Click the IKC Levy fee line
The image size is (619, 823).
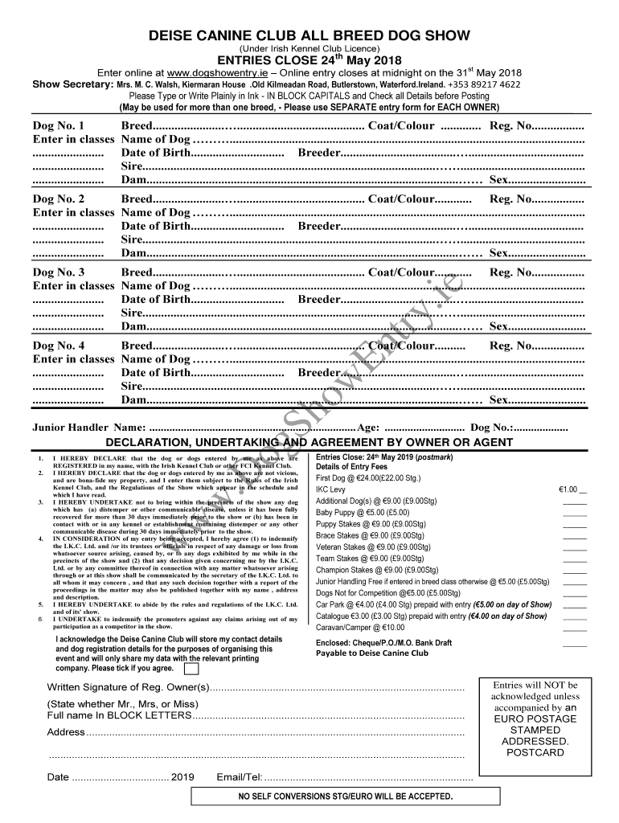click(x=330, y=489)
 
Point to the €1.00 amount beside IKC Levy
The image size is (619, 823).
click(x=572, y=489)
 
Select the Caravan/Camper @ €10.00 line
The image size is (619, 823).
click(x=350, y=628)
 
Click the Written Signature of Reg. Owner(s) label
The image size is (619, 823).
click(x=129, y=688)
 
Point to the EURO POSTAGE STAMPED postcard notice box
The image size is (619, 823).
click(x=535, y=719)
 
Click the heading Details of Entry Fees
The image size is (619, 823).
click(x=351, y=467)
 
